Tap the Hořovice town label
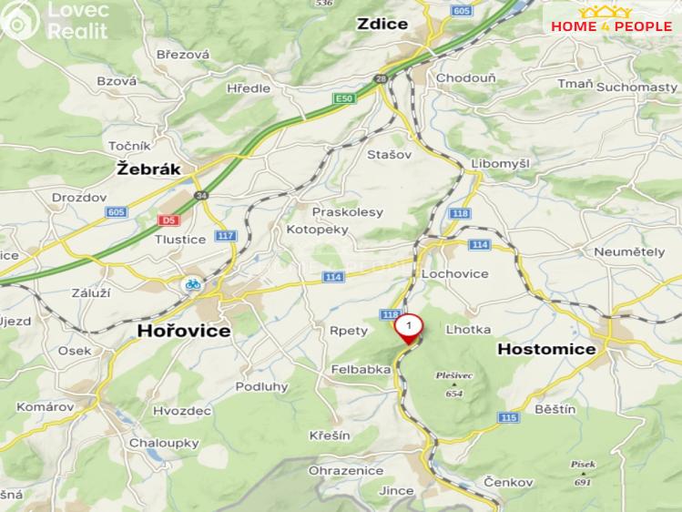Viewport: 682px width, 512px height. tap(183, 332)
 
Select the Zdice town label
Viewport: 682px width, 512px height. tap(382, 25)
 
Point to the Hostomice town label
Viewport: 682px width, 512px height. tap(547, 349)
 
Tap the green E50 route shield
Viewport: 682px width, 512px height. tap(343, 97)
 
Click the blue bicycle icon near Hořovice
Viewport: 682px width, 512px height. tap(192, 284)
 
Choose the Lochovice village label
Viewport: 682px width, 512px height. tap(455, 273)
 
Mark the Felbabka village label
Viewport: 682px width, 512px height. tap(361, 370)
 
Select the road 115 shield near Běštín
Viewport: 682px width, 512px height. tap(508, 417)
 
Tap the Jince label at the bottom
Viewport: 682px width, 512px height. tap(397, 491)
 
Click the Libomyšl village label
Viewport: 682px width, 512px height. tap(500, 162)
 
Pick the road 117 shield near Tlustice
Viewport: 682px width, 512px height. tap(226, 236)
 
